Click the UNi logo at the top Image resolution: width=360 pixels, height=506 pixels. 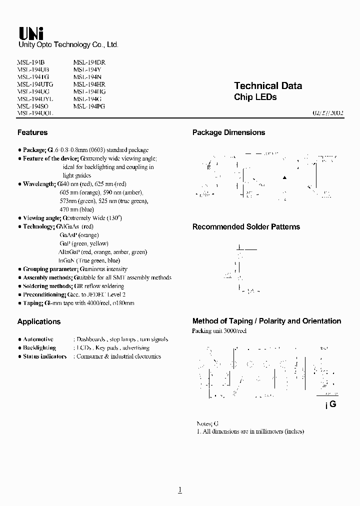pyautogui.click(x=31, y=33)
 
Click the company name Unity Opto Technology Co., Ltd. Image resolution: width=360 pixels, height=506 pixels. pyautogui.click(x=68, y=45)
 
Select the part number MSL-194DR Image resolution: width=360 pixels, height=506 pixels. pyautogui.click(x=89, y=62)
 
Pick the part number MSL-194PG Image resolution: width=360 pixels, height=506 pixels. pyautogui.click(x=89, y=106)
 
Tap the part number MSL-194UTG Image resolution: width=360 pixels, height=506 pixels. pyautogui.click(x=35, y=84)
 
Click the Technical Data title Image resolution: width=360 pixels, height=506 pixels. pyautogui.click(x=268, y=86)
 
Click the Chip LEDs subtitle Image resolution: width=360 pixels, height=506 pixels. pyautogui.click(x=255, y=97)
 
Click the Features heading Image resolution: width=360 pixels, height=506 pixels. pyautogui.click(x=32, y=132)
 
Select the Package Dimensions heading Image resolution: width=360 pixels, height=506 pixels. pyautogui.click(x=228, y=132)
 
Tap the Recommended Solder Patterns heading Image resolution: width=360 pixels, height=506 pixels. pyautogui.click(x=246, y=227)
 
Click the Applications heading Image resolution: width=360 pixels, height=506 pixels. pyautogui.click(x=39, y=321)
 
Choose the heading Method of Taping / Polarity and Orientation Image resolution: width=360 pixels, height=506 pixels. pyautogui.click(x=266, y=321)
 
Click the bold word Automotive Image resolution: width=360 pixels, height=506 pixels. pyautogui.click(x=38, y=339)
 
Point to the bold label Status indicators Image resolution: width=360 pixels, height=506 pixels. pyautogui.click(x=44, y=356)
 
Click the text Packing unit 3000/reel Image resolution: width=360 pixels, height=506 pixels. pyautogui.click(x=219, y=331)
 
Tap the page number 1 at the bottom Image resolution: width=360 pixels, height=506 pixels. pyautogui.click(x=180, y=490)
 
